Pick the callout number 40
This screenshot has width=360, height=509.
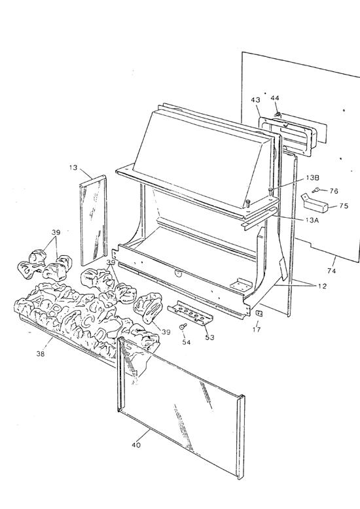click(x=136, y=446)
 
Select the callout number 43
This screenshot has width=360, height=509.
click(x=255, y=99)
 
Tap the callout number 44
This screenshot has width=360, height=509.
click(x=275, y=97)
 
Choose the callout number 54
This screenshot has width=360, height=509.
click(x=186, y=343)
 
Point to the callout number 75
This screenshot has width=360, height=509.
click(x=343, y=206)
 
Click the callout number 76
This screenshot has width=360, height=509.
click(x=334, y=191)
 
